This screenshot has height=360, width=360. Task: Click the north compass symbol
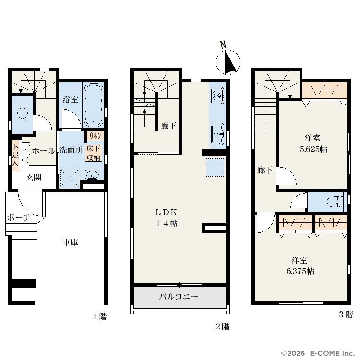(x=228, y=62)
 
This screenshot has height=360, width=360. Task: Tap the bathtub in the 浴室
(x=93, y=105)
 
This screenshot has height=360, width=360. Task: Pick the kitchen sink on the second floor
(x=217, y=134)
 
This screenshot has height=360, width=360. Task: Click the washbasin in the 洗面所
(x=92, y=175)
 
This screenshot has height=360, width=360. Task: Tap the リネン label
(x=95, y=136)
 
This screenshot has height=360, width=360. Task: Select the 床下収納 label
(x=93, y=153)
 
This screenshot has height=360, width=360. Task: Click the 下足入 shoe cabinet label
(x=15, y=155)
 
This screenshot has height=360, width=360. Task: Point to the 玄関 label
(x=33, y=177)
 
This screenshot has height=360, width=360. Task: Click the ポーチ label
(x=19, y=217)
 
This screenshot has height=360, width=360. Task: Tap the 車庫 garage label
(x=70, y=242)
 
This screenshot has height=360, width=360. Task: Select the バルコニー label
(x=179, y=297)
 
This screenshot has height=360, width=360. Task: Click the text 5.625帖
(x=314, y=149)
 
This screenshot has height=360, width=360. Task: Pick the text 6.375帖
(x=300, y=271)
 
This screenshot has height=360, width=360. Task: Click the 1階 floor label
(x=100, y=316)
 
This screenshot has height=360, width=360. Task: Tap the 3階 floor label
(x=346, y=314)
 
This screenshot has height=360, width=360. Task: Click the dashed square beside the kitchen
(x=215, y=167)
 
